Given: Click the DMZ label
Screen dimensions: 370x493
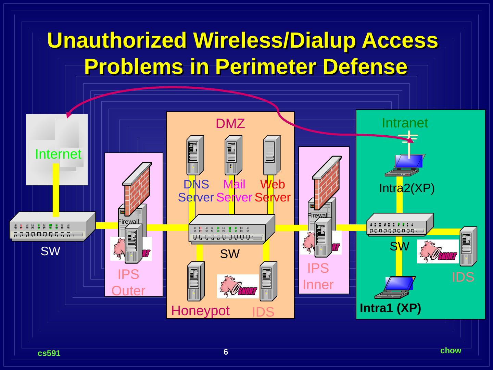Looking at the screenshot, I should pyautogui.click(x=230, y=124).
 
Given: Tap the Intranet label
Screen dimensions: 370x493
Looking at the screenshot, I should pyautogui.click(x=405, y=123).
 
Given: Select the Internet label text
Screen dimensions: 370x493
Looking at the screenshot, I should pyautogui.click(x=58, y=154).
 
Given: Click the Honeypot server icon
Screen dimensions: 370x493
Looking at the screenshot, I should pyautogui.click(x=196, y=281).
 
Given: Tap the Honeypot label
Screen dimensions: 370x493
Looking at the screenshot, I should pyautogui.click(x=200, y=311).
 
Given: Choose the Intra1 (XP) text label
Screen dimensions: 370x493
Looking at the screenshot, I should pyautogui.click(x=390, y=308).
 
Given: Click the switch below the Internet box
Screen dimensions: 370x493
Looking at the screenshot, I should pyautogui.click(x=52, y=227).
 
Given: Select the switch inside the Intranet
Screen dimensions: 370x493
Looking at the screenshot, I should pyautogui.click(x=400, y=225).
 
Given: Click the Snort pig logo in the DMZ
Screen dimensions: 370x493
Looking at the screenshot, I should pyautogui.click(x=238, y=286).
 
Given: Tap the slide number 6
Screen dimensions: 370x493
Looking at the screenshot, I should pyautogui.click(x=226, y=352).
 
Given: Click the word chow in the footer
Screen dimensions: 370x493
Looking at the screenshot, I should pyautogui.click(x=451, y=350).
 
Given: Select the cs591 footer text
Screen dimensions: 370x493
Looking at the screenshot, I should pyautogui.click(x=49, y=353).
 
